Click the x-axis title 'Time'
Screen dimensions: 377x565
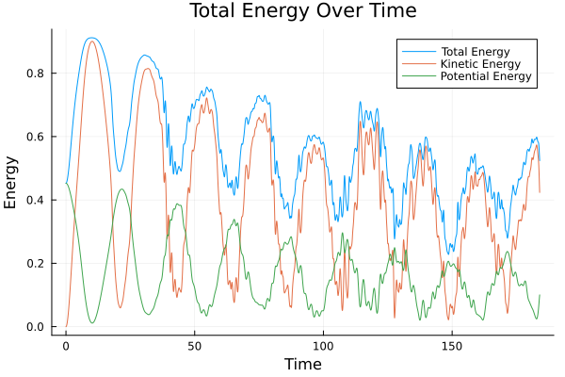[302, 364]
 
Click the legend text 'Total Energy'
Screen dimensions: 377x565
[474, 49]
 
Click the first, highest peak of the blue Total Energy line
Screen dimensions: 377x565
[90, 38]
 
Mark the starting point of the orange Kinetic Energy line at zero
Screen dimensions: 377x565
[66, 326]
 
